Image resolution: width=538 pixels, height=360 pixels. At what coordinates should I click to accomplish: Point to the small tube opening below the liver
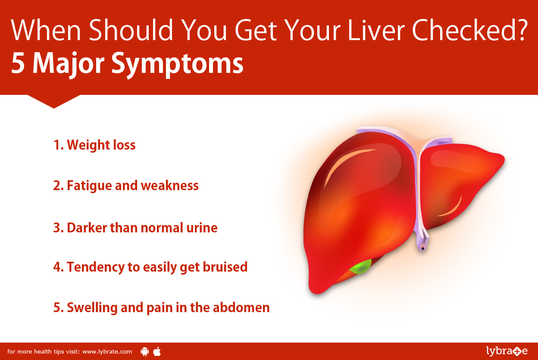click(x=423, y=248)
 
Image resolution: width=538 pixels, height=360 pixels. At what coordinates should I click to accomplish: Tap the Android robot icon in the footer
click(x=144, y=351)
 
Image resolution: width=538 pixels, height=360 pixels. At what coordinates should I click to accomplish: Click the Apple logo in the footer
click(x=157, y=351)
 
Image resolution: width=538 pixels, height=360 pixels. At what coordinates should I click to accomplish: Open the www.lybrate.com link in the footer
click(x=107, y=351)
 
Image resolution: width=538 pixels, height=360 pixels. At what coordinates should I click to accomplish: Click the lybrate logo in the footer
click(x=507, y=351)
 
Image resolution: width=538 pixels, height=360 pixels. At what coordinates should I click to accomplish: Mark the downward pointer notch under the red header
click(x=53, y=101)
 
